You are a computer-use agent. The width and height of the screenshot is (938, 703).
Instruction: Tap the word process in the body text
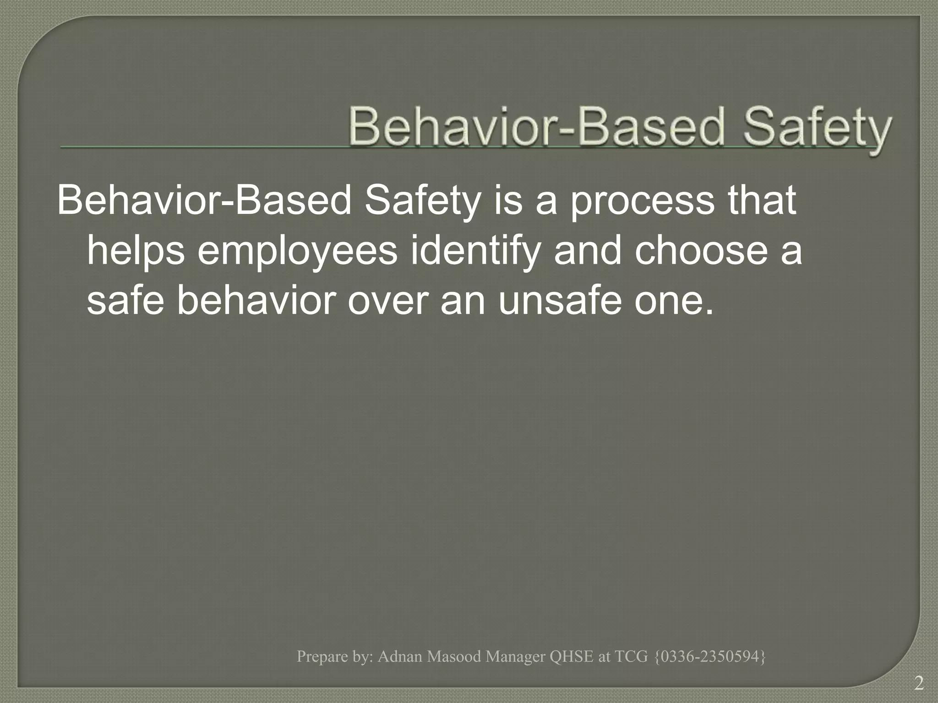click(642, 201)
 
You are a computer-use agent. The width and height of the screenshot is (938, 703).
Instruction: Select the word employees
click(298, 251)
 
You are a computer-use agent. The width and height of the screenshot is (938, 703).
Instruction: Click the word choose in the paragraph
click(701, 251)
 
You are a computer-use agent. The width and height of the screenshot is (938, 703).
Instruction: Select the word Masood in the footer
click(454, 656)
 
